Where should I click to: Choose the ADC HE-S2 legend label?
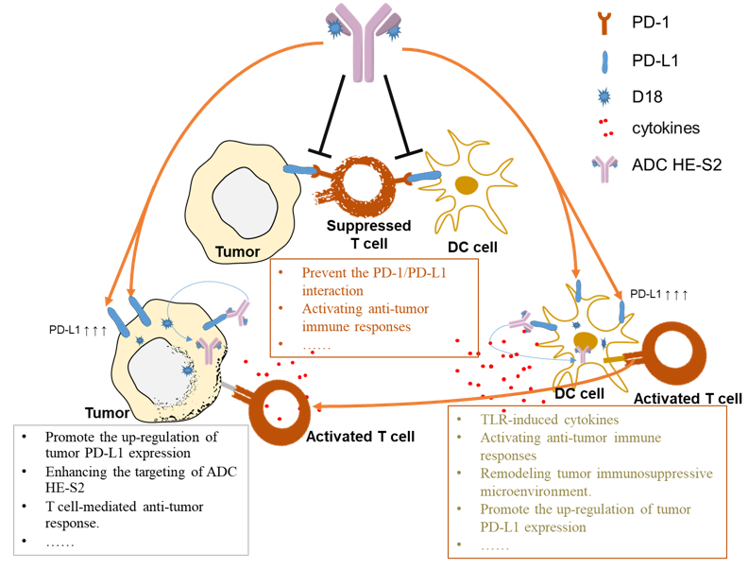click(677, 164)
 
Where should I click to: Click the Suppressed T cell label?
click(368, 233)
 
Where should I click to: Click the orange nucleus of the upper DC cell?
click(465, 184)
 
